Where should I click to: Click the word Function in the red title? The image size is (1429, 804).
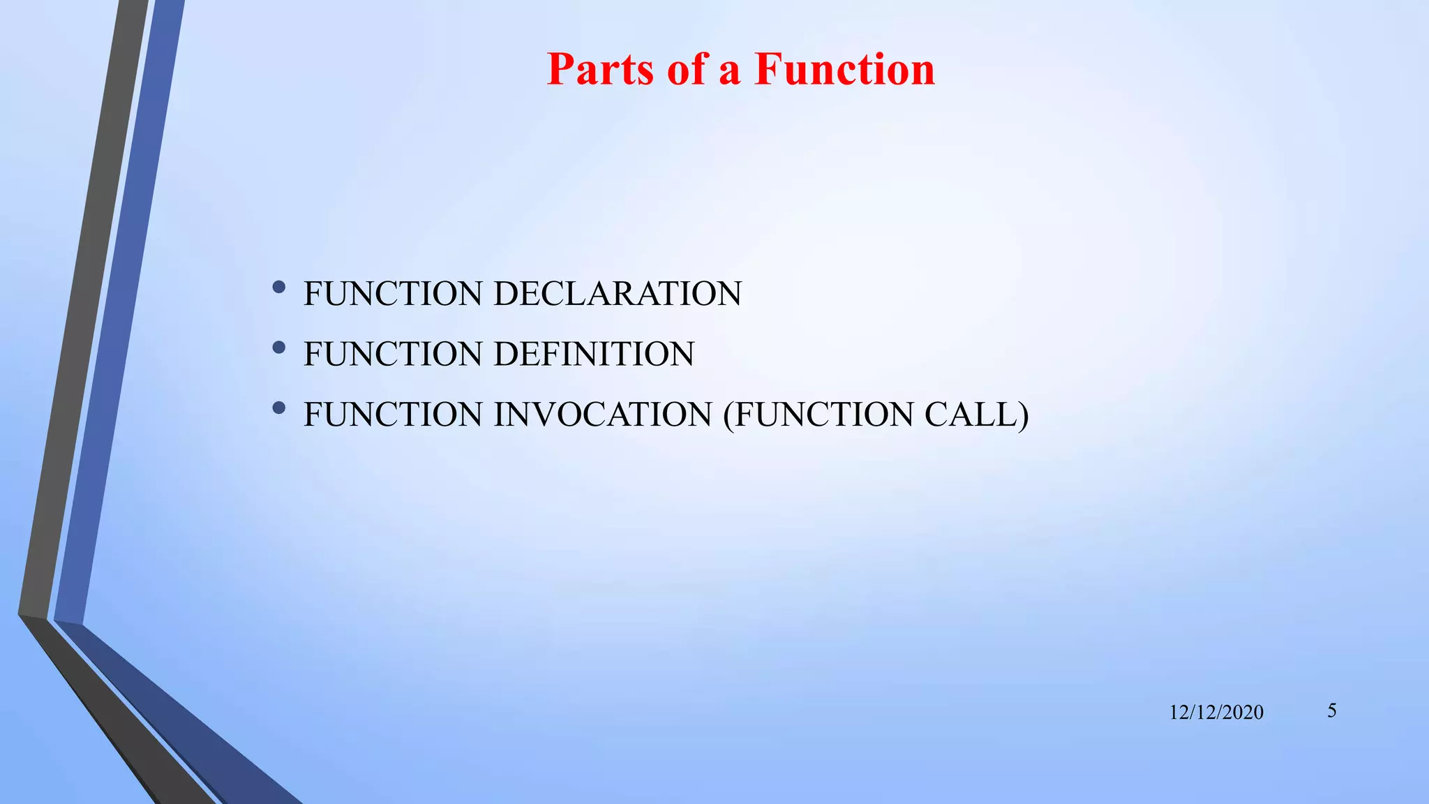pyautogui.click(x=844, y=69)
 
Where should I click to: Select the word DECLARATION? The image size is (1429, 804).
pyautogui.click(x=618, y=293)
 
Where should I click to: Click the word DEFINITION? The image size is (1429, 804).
pyautogui.click(x=594, y=354)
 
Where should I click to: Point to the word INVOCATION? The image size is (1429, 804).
pyautogui.click(x=603, y=415)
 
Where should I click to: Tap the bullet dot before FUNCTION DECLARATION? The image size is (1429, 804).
pyautogui.click(x=279, y=287)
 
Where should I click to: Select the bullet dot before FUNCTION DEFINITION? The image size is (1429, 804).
pyautogui.click(x=279, y=348)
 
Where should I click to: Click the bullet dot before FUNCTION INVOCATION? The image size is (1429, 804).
pyautogui.click(x=279, y=408)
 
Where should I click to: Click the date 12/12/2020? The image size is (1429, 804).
pyautogui.click(x=1216, y=713)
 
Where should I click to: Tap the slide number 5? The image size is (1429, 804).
pyautogui.click(x=1332, y=711)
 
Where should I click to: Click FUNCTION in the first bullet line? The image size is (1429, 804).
pyautogui.click(x=393, y=293)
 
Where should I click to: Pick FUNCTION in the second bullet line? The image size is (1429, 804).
pyautogui.click(x=393, y=354)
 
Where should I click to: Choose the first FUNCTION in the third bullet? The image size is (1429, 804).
pyautogui.click(x=393, y=415)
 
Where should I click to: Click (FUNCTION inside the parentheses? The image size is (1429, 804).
pyautogui.click(x=819, y=415)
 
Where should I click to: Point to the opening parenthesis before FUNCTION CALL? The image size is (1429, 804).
pyautogui.click(x=728, y=415)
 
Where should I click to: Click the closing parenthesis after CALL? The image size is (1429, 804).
pyautogui.click(x=1024, y=415)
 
